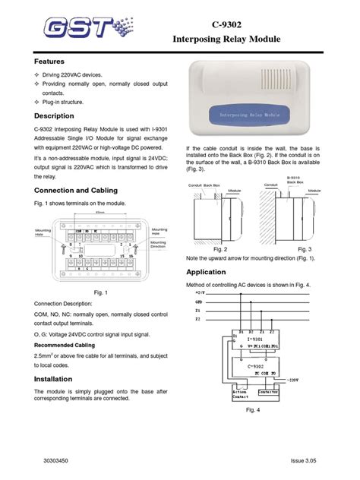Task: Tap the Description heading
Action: [54, 116]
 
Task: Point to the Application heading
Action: [207, 271]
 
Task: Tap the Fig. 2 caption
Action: [221, 248]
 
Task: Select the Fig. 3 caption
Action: [305, 248]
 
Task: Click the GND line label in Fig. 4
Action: [200, 301]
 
